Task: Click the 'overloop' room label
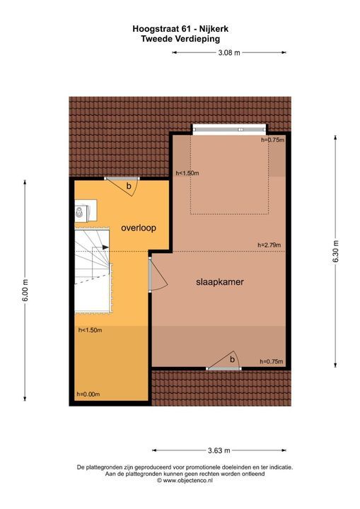pos(138,228)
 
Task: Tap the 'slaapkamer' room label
pos(220,282)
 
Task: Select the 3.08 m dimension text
pos(228,52)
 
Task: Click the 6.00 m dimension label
pos(25,290)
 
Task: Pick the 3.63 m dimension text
pos(220,450)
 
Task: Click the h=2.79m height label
pos(269,245)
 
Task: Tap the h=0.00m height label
pos(89,394)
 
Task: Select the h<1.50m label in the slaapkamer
pos(187,173)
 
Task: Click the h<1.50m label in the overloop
pos(90,330)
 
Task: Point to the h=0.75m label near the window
pos(272,140)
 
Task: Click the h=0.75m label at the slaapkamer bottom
pos(272,361)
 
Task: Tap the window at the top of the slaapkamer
pos(229,129)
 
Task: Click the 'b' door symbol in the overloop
pos(127,185)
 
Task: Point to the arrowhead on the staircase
pos(105,246)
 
